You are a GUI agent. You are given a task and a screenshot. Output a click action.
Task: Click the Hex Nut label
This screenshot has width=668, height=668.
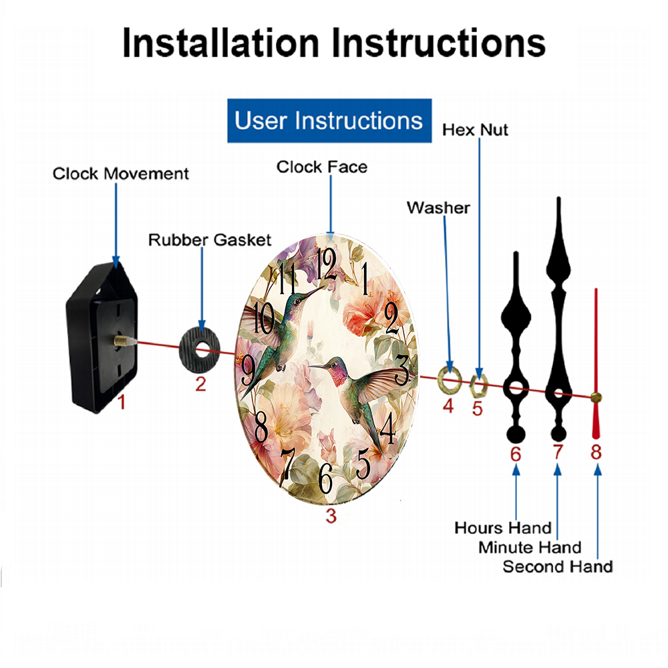pyautogui.click(x=475, y=130)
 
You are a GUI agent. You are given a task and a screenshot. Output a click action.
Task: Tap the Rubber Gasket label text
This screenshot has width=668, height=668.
pyautogui.click(x=210, y=240)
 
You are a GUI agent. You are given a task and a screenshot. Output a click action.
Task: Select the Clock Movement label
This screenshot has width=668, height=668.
pyautogui.click(x=120, y=174)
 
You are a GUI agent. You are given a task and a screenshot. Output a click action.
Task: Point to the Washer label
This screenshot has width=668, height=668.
pyautogui.click(x=438, y=208)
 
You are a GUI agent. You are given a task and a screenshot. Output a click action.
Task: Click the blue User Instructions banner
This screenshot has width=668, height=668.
pyautogui.click(x=329, y=120)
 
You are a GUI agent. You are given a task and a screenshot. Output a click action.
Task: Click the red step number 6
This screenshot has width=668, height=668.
pyautogui.click(x=516, y=454)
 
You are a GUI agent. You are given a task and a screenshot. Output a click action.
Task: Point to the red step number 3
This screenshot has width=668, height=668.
pyautogui.click(x=331, y=516)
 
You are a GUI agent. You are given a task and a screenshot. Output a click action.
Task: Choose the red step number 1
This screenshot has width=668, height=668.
pyautogui.click(x=122, y=402)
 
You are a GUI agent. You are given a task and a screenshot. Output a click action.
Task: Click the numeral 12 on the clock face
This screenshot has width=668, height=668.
pyautogui.click(x=326, y=264)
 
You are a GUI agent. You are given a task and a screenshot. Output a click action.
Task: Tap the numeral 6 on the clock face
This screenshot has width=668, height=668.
pyautogui.click(x=325, y=478)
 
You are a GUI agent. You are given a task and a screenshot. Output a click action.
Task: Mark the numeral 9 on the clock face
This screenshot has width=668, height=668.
pyautogui.click(x=248, y=369)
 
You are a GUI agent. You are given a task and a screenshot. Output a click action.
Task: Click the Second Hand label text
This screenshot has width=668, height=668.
pyautogui.click(x=558, y=566)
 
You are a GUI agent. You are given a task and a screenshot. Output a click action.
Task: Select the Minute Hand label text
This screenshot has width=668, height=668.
pyautogui.click(x=530, y=548)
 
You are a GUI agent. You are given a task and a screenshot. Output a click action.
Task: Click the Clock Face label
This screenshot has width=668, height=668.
pyautogui.click(x=322, y=167)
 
